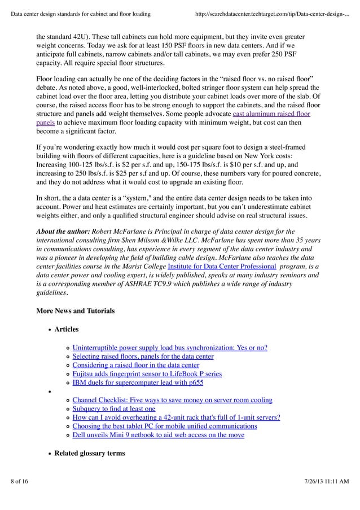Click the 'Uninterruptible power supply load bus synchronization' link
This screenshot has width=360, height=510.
tap(170, 347)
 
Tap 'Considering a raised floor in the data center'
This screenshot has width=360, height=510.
tap(135, 365)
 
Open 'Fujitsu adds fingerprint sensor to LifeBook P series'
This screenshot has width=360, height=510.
tap(147, 373)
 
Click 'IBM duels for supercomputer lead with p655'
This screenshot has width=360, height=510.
tap(138, 382)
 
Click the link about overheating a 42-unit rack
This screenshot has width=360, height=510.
tap(176, 417)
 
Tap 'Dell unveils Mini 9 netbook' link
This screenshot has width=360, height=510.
tap(158, 435)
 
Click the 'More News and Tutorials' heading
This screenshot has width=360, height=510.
tap(75, 311)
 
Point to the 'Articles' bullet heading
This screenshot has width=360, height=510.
tap(67, 329)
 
